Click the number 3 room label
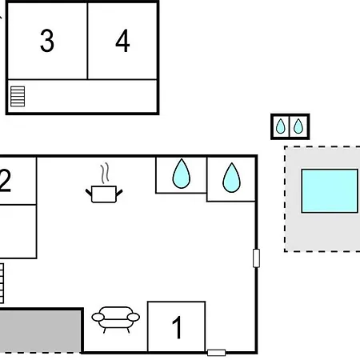[47, 41]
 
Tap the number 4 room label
[122, 41]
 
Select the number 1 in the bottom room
[177, 327]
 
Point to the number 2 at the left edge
[6, 181]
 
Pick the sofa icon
[115, 319]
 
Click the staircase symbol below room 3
[18, 96]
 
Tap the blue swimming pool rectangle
[330, 191]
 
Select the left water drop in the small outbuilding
[281, 126]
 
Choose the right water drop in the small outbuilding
[298, 126]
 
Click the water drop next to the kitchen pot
[182, 174]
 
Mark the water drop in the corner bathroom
[231, 178]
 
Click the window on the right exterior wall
[256, 258]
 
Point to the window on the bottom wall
[217, 353]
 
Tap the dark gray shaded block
[41, 330]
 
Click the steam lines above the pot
[105, 173]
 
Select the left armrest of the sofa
[98, 318]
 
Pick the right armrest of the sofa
[134, 317]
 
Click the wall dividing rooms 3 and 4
[87, 41]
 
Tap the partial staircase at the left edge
[2, 283]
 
